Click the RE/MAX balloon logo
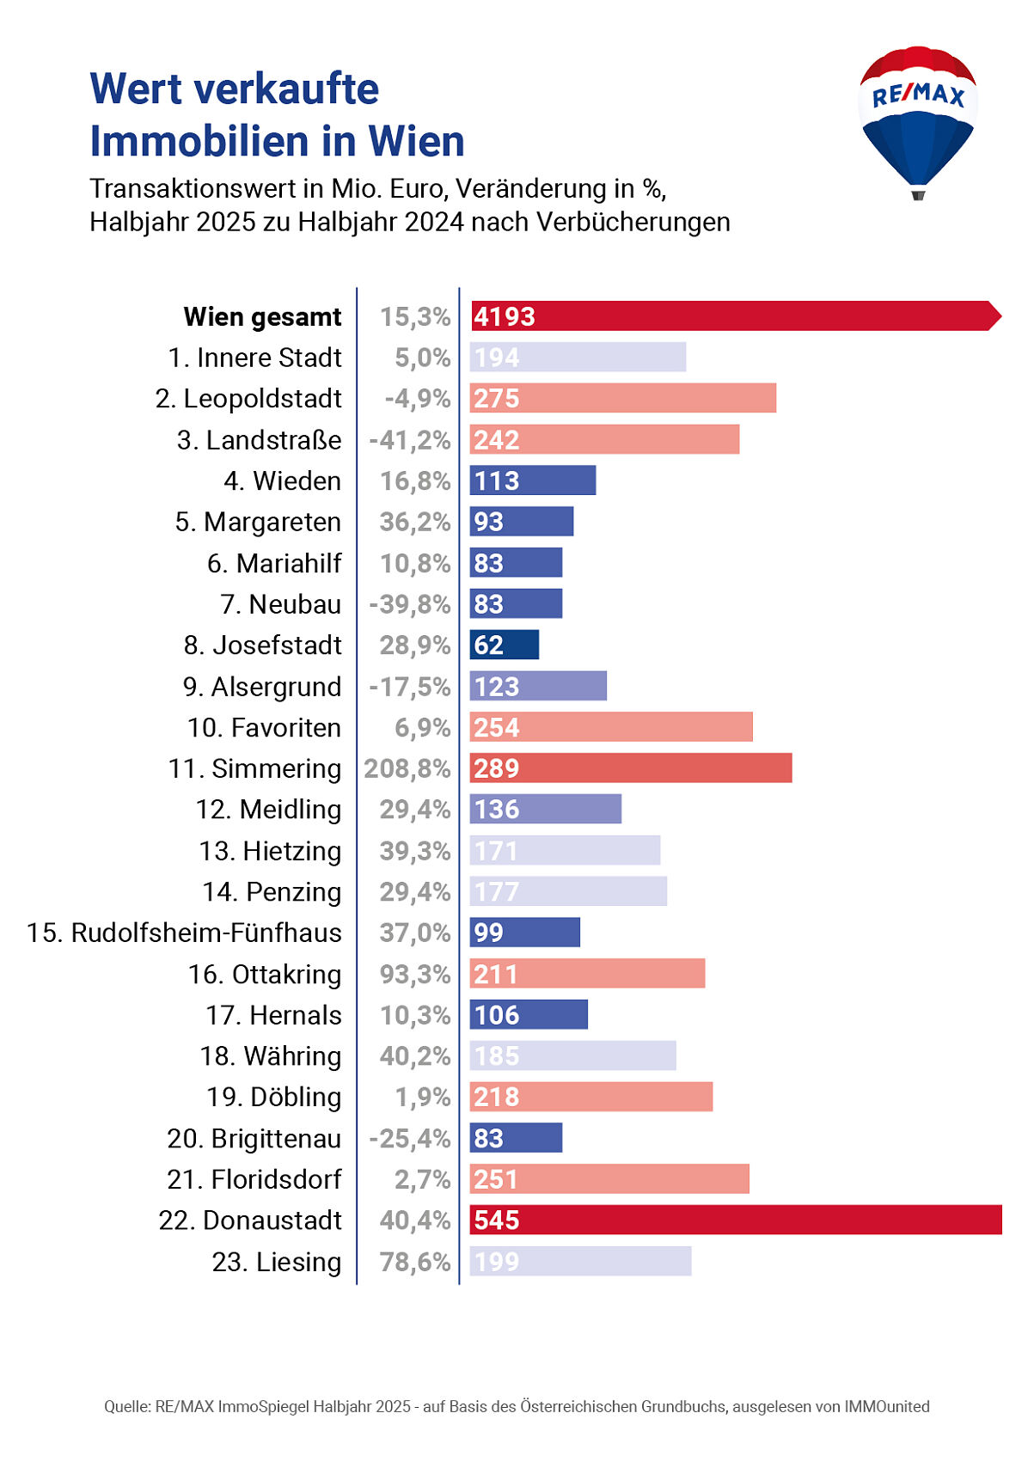[917, 120]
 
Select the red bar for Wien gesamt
[735, 316]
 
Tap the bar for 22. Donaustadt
[735, 1220]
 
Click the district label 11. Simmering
[254, 768]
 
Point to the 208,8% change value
[407, 768]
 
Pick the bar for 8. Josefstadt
[505, 645]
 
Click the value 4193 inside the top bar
[505, 316]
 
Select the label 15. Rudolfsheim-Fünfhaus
[184, 933]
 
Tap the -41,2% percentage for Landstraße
[410, 440]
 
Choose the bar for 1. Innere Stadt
[578, 358]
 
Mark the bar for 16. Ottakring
[587, 974]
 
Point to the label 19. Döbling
[273, 1097]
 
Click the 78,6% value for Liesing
[415, 1262]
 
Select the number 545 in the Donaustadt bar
[497, 1220]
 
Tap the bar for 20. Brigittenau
[516, 1138]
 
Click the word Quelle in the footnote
[127, 1407]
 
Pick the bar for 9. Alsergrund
[538, 686]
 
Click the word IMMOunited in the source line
[887, 1407]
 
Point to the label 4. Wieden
[282, 480]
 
